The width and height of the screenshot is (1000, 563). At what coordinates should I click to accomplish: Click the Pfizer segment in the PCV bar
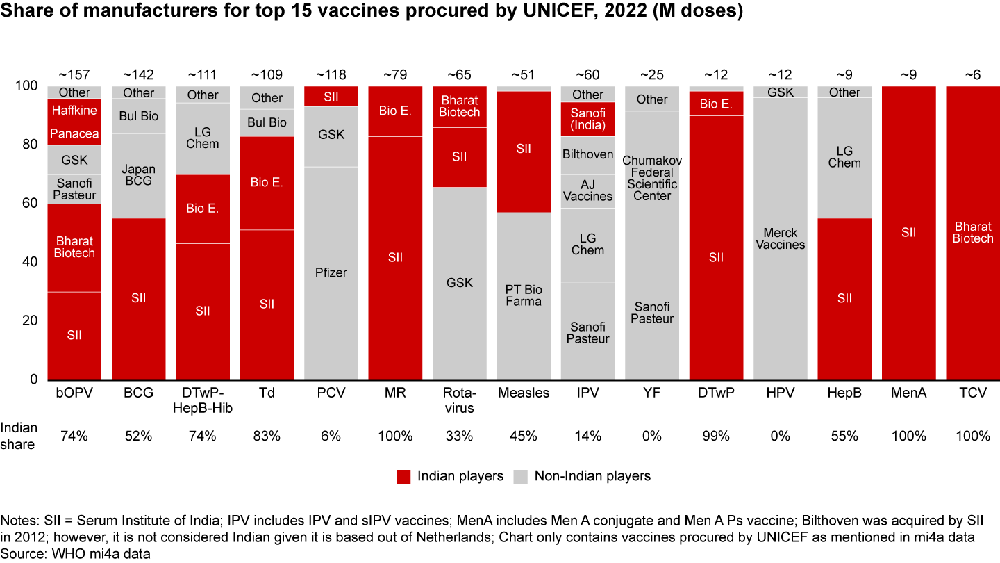tap(331, 272)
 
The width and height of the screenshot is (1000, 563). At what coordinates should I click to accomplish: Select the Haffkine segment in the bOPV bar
tap(74, 111)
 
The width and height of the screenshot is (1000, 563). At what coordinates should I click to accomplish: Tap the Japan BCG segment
tap(139, 175)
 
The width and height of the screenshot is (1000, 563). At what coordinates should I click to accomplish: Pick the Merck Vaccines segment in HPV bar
tap(781, 238)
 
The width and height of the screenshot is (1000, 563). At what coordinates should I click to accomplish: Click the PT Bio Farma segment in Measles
tap(524, 295)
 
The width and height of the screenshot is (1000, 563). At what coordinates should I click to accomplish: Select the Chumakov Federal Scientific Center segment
tap(652, 179)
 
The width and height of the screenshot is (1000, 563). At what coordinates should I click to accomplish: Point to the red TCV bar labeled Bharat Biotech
tap(973, 232)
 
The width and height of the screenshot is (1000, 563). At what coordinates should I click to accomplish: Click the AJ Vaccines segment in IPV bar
tap(587, 190)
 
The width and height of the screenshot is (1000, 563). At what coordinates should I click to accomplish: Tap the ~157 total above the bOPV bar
tap(74, 74)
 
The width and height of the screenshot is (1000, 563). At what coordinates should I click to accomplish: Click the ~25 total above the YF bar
tap(652, 74)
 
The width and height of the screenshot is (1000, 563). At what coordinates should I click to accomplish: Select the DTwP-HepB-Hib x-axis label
tap(203, 400)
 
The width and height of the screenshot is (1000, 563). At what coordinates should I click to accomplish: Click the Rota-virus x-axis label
tap(459, 400)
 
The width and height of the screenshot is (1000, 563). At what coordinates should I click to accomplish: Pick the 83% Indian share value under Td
tap(267, 436)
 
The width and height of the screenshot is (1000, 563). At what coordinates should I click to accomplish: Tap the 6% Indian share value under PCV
tap(331, 436)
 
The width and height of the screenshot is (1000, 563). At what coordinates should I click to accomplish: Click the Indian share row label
tap(19, 436)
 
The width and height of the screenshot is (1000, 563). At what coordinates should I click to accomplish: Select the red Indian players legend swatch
tap(404, 476)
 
